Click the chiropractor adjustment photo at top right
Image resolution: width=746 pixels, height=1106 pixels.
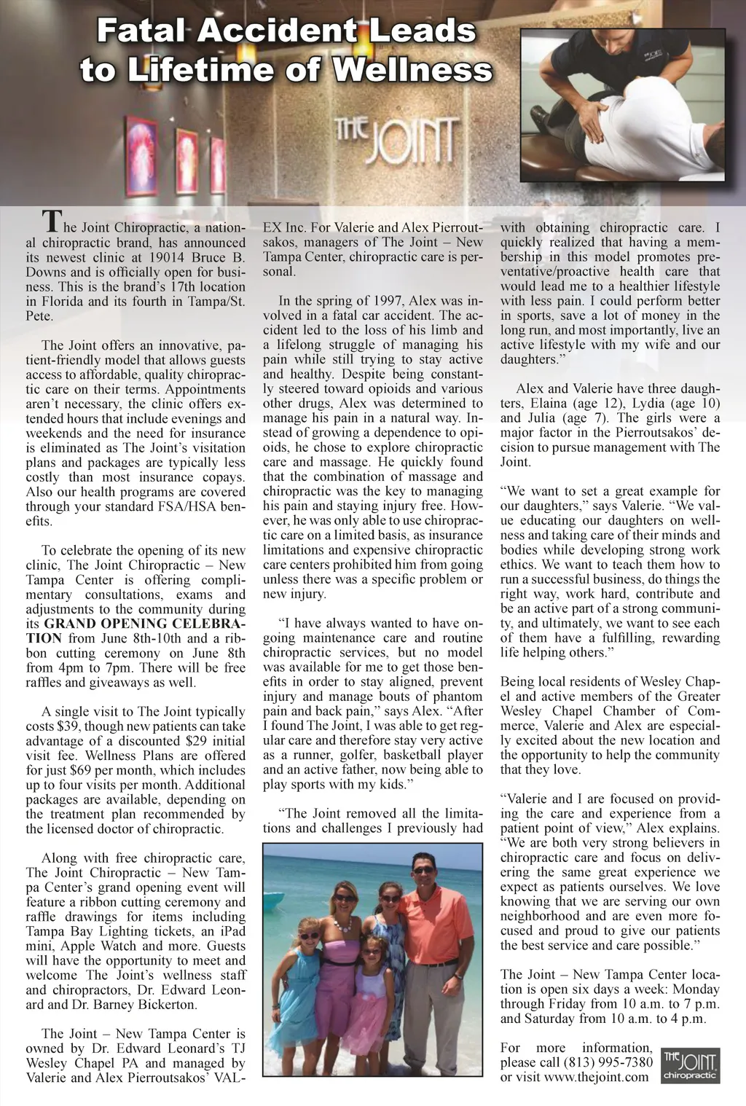[623, 104]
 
